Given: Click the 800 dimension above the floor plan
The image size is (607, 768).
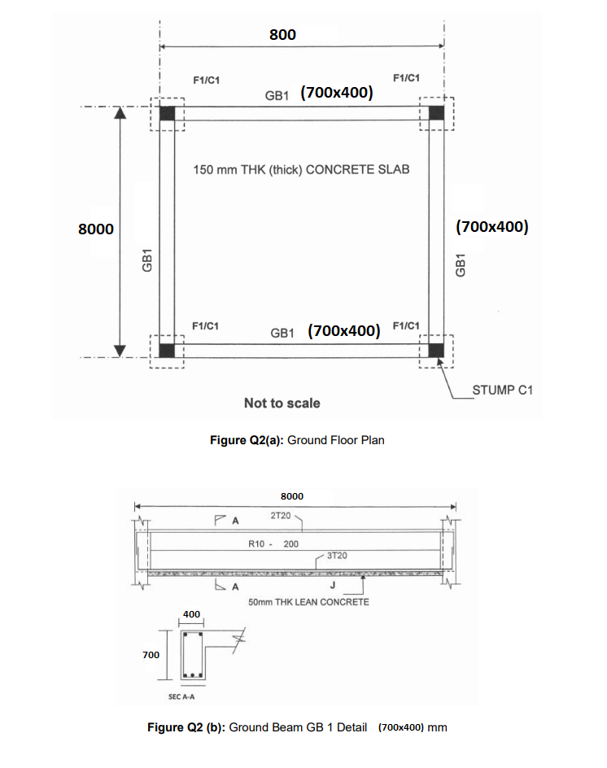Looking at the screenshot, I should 282,34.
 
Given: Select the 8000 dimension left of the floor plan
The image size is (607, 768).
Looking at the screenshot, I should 95,229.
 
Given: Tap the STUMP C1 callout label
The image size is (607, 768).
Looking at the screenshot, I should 502,391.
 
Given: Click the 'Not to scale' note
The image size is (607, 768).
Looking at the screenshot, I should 282,404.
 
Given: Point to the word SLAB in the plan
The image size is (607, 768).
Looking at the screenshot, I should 392,170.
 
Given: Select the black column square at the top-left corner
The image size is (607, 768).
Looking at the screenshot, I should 167,113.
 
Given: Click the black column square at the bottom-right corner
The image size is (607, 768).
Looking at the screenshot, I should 437,350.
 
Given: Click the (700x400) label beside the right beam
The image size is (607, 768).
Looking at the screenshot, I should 492,226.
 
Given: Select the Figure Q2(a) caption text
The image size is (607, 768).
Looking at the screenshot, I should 297,440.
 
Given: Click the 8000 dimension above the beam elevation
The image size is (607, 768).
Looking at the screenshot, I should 291,495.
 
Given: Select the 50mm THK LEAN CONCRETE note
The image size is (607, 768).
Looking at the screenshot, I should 308,602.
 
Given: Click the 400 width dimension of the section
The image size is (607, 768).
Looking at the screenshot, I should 191,614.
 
